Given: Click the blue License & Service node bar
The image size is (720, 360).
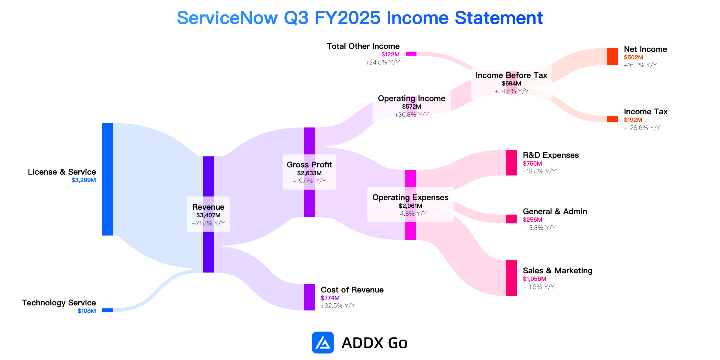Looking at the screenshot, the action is click(107, 179).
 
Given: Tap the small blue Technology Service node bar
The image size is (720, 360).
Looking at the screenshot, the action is click(107, 310).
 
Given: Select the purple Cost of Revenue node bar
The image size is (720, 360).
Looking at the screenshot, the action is click(309, 297).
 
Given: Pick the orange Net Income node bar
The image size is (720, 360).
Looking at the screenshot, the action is click(613, 56).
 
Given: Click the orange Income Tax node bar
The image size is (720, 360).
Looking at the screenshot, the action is click(613, 119).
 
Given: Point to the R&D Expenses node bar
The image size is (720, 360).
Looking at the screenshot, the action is click(511, 163).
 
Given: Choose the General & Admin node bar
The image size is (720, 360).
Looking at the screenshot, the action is click(511, 219).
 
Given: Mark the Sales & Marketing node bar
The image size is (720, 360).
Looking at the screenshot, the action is click(511, 278).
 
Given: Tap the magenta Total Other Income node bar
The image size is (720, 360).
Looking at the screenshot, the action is click(411, 54).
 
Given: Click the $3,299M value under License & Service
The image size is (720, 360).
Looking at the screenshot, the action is click(84, 180).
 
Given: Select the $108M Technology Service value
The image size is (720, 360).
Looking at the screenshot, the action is click(87, 311).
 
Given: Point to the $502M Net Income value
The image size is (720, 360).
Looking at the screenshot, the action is click(634, 57).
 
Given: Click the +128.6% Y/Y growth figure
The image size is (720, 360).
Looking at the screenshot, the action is click(642, 128).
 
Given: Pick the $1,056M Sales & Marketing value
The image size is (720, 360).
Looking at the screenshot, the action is click(535, 279).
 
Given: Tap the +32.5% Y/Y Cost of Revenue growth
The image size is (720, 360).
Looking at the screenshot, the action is click(338, 306).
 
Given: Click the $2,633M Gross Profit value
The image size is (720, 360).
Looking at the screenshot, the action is click(309, 173).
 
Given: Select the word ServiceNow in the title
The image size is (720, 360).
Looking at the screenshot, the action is click(227, 18).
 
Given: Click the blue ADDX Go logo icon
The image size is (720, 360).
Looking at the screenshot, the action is click(323, 343).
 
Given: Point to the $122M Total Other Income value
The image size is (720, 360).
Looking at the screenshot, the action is click(391, 54).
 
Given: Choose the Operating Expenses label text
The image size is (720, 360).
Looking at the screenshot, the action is click(410, 197).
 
